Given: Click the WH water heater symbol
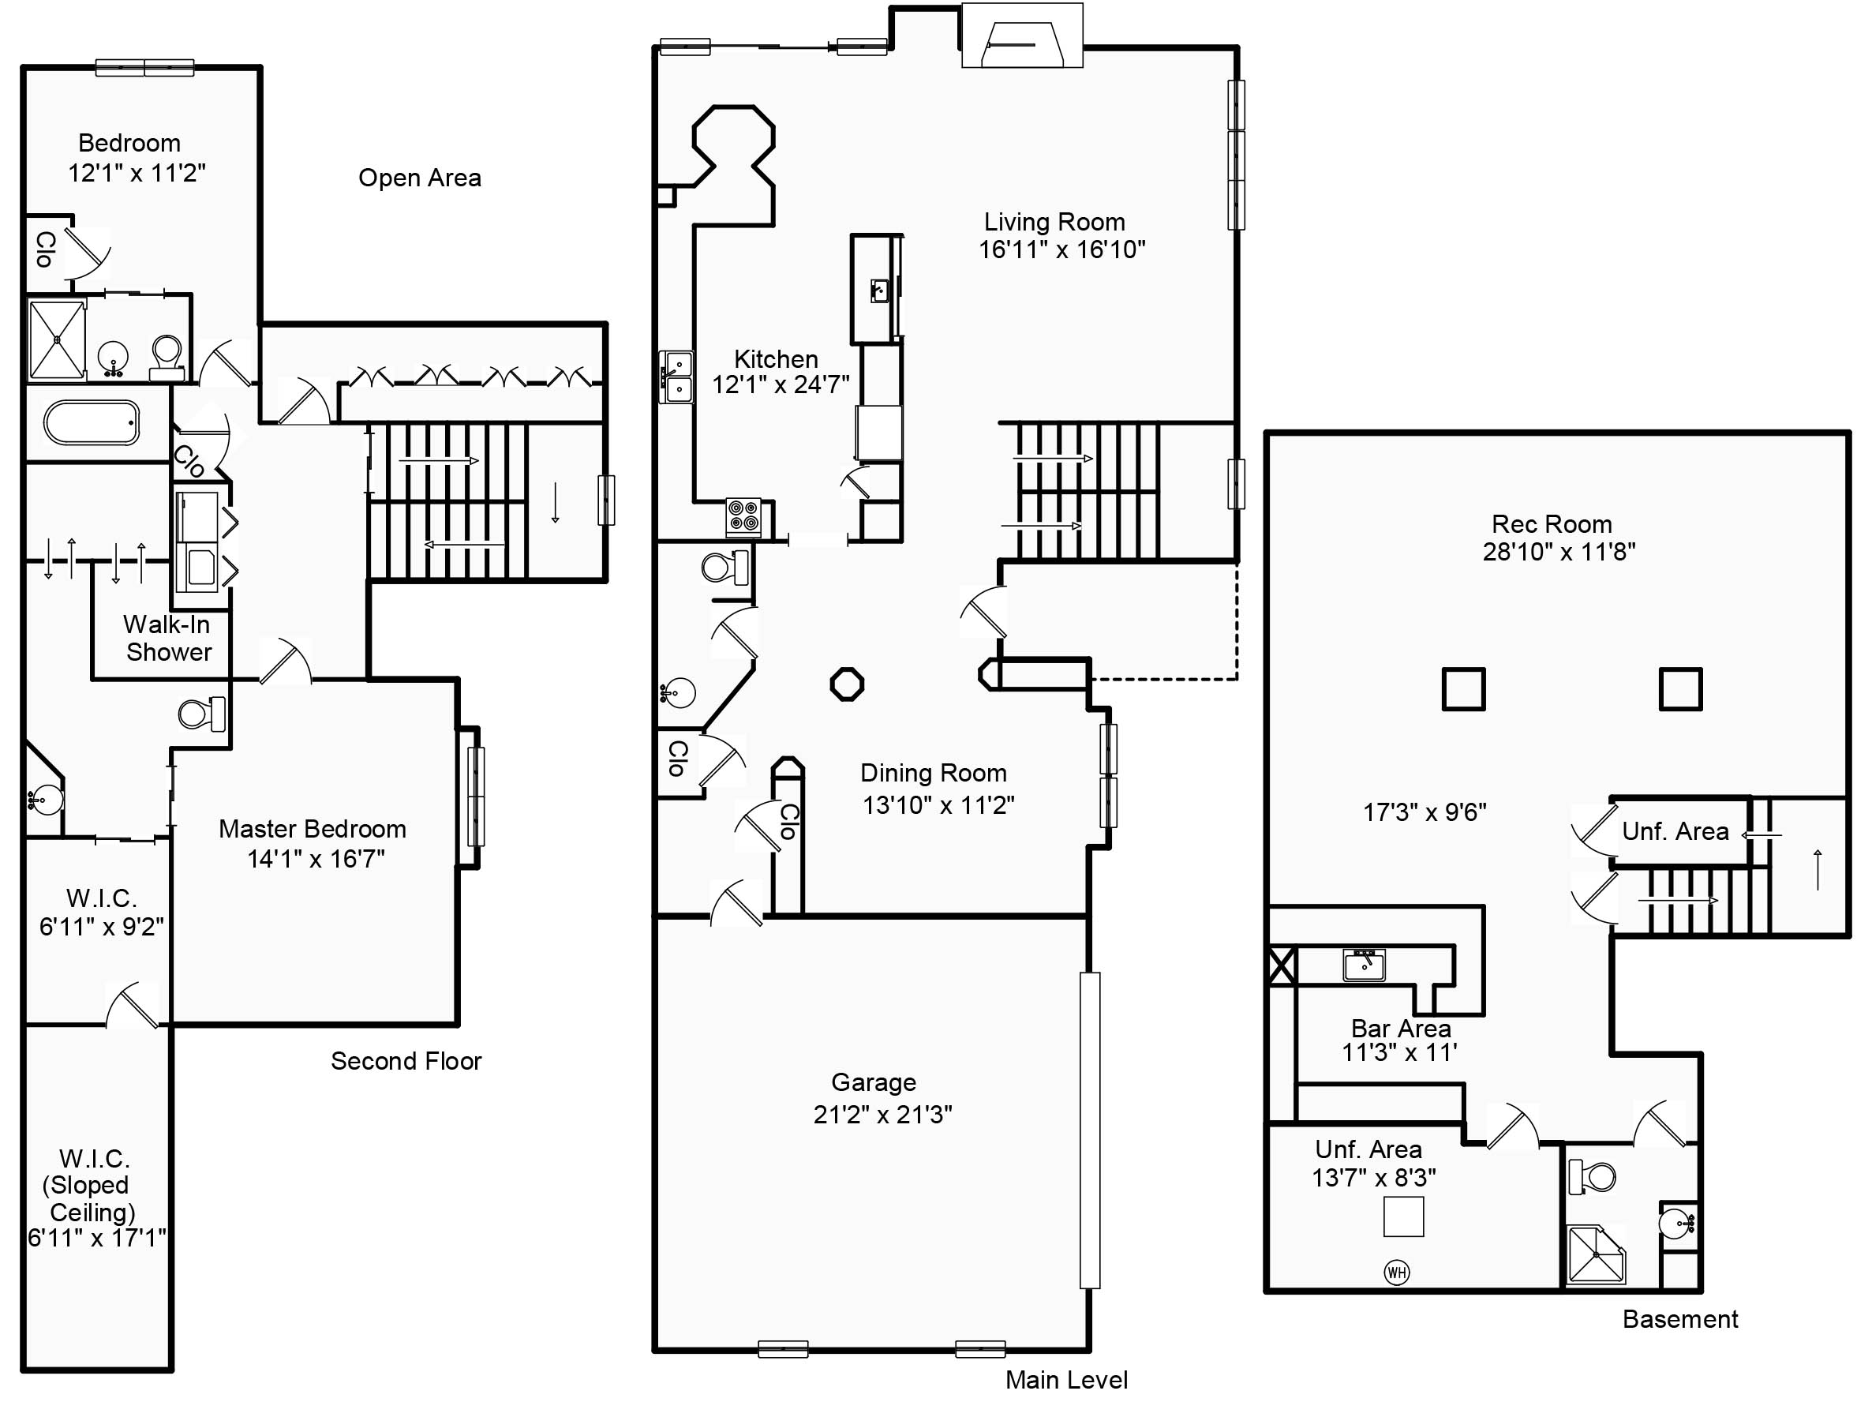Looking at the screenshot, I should click(1396, 1272).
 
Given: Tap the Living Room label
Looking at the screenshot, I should click(1054, 222).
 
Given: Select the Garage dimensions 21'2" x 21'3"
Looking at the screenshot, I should click(882, 1114).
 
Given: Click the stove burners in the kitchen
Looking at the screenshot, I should click(743, 516).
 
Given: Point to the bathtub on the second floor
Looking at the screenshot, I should click(92, 422).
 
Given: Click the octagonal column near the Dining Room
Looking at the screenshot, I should click(846, 684).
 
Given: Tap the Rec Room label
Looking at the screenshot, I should click(1552, 524).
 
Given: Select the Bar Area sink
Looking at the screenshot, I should click(1364, 965).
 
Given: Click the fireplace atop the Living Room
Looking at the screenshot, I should click(1022, 38).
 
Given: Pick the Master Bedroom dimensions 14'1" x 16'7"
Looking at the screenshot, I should click(316, 859).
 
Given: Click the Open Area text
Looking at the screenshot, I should click(420, 178).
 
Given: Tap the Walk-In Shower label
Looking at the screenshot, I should click(167, 638).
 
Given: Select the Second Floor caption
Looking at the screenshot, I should click(406, 1061).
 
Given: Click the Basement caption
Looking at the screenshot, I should click(1680, 1319).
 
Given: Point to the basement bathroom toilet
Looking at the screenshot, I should click(1591, 1176).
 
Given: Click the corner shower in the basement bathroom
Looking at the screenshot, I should click(1595, 1256).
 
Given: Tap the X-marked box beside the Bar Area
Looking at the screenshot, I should click(1281, 965).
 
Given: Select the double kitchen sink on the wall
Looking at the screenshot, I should click(676, 377).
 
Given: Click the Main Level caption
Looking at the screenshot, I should click(1066, 1379).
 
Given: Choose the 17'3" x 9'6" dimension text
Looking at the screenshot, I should click(1425, 812).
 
